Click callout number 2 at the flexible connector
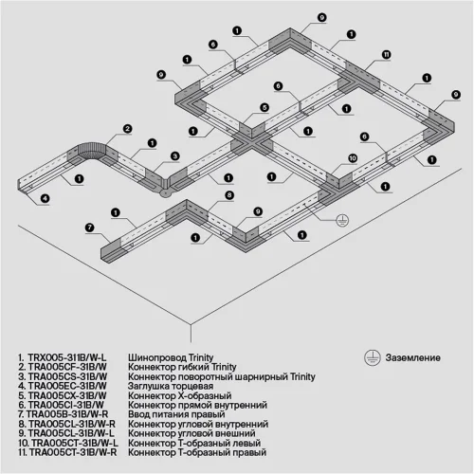[x=126, y=128]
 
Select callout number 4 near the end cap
[x=44, y=198]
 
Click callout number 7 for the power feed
[x=89, y=227]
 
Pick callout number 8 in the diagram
[x=229, y=194]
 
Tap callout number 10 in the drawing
[x=352, y=158]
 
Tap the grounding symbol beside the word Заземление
[x=374, y=356]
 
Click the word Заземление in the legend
[x=412, y=357]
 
